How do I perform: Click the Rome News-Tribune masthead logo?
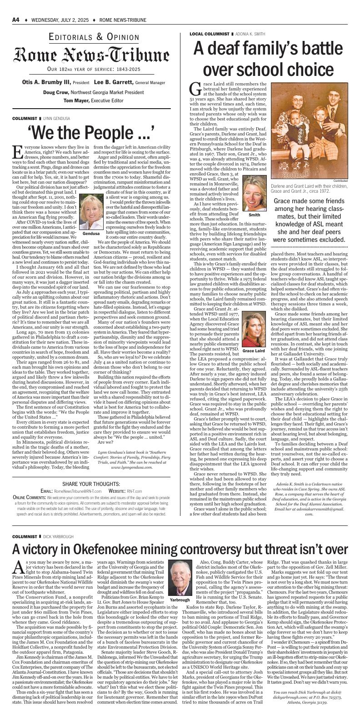pyautogui.click(x=94, y=55)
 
